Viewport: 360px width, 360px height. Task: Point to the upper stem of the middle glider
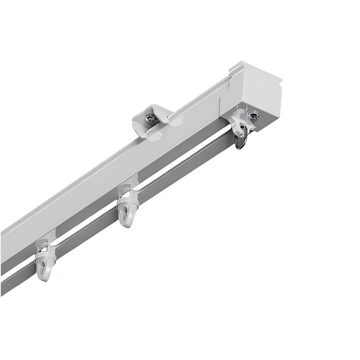127,190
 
